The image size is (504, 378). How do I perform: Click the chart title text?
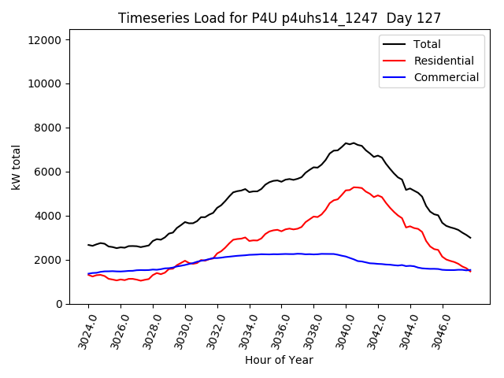click(280, 17)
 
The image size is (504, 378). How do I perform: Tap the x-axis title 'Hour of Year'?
click(279, 360)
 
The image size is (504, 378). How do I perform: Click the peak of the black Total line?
click(354, 143)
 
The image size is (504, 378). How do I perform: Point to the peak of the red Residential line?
click(354, 187)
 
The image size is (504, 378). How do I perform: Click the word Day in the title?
click(409, 17)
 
